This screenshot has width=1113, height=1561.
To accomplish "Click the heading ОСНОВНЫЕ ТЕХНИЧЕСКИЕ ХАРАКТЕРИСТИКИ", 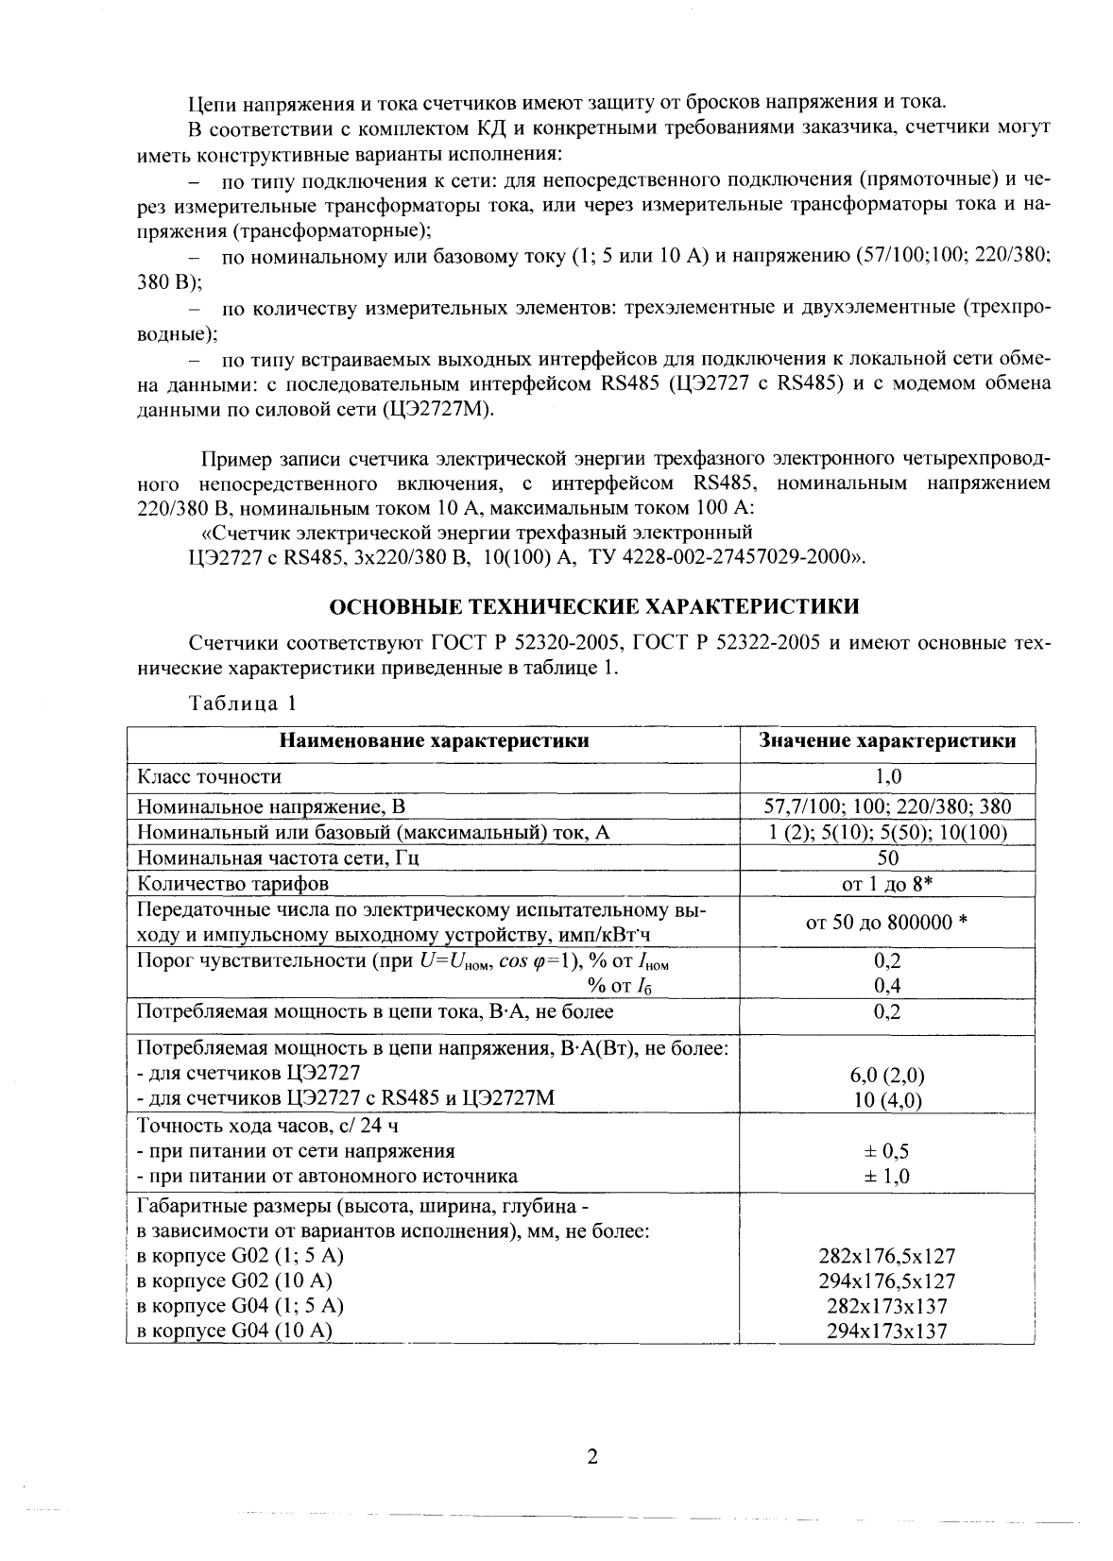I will point(593,604).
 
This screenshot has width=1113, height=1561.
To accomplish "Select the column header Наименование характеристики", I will point(434,741).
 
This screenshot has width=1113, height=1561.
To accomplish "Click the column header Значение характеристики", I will point(887,741).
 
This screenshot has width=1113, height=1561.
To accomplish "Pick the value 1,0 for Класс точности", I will point(887,777).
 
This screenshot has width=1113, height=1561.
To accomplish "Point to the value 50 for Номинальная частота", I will point(887,858).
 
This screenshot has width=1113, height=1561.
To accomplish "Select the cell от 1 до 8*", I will point(887,884).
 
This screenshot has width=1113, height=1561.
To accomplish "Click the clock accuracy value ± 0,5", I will point(887,1151).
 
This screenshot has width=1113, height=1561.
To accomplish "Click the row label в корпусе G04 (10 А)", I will point(235,1332).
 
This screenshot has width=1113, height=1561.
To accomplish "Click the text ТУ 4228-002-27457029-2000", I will point(723,556).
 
